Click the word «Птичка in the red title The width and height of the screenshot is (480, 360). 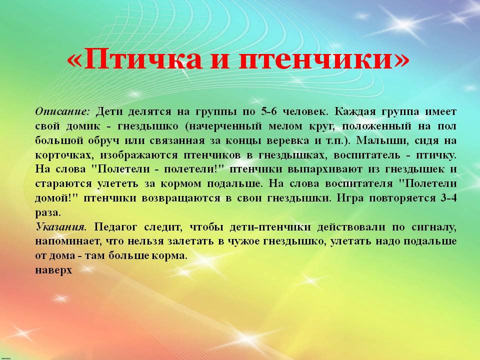point(134,58)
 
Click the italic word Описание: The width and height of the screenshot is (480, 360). point(62,111)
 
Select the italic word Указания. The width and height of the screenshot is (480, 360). point(61,227)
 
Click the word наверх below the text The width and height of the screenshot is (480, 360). point(53,270)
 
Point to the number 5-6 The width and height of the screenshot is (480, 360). point(269,111)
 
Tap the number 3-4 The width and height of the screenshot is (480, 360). point(449,198)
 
